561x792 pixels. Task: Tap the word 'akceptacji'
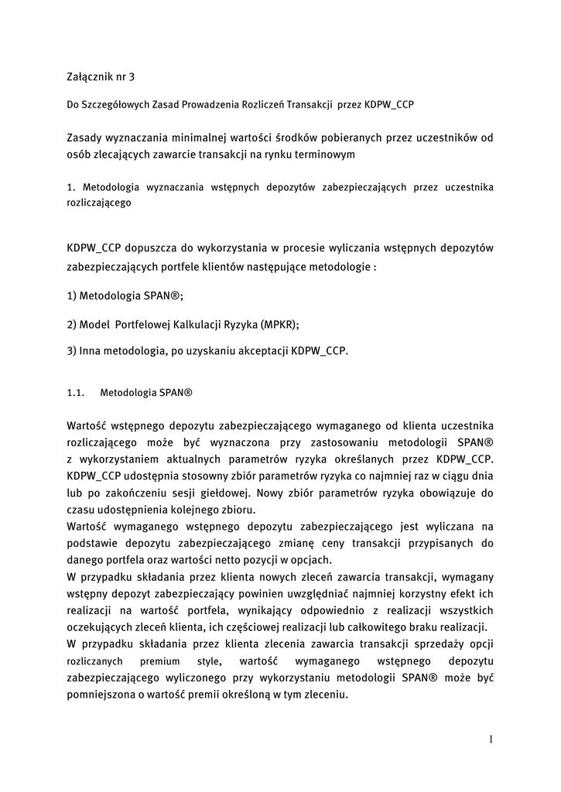point(261,350)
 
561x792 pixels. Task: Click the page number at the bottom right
point(491,739)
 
